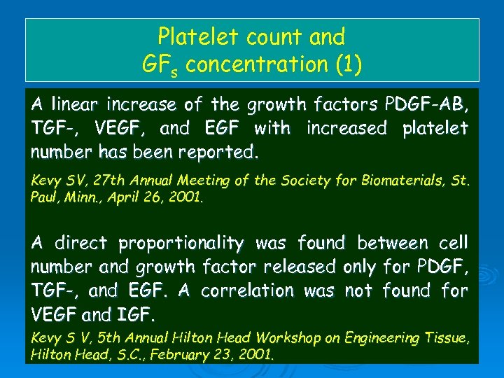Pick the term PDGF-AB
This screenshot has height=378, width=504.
[427, 105]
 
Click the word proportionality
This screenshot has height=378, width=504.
[181, 244]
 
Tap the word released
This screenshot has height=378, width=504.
[301, 267]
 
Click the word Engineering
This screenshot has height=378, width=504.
[378, 339]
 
